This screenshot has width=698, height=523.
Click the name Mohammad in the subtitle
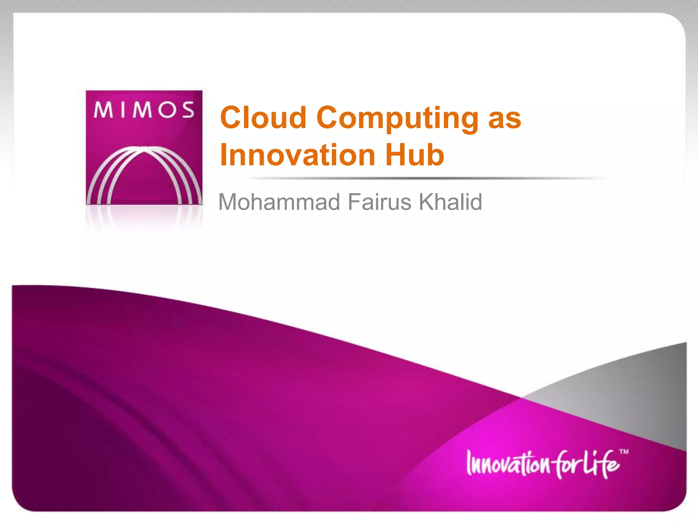click(x=279, y=202)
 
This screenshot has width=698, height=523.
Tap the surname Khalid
click(x=450, y=202)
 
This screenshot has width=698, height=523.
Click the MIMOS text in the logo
click(x=144, y=110)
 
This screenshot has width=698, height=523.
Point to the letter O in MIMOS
click(x=168, y=110)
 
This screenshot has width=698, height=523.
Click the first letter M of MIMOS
click(x=103, y=110)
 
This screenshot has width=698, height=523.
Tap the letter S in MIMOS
click(x=188, y=110)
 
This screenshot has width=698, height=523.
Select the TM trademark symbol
click(x=624, y=452)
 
